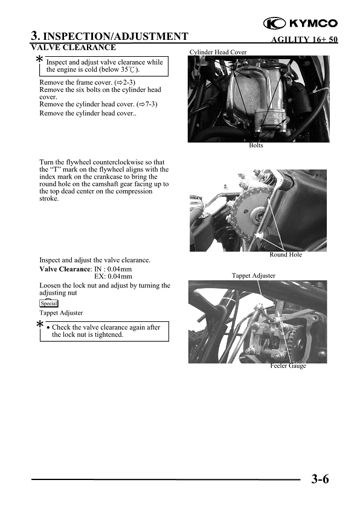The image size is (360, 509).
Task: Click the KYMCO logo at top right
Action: click(301, 24)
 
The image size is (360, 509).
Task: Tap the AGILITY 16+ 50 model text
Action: click(305, 40)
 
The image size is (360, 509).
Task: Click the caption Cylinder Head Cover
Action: click(218, 53)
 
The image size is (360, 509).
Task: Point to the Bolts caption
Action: click(256, 146)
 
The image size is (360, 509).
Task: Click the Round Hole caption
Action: click(285, 255)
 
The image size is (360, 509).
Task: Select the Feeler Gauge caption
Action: click(288, 366)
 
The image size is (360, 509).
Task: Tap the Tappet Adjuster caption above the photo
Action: click(254, 275)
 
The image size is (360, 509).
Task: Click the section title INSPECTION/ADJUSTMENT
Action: click(115, 36)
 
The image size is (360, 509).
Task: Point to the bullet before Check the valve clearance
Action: click(48, 328)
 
